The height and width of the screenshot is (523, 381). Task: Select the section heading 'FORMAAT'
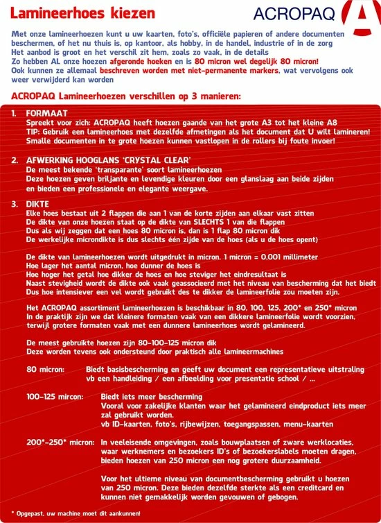(x=46, y=112)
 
